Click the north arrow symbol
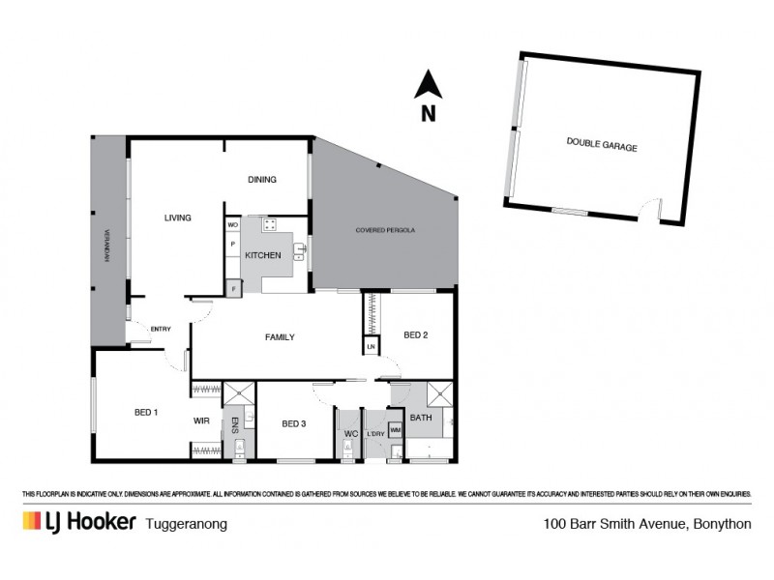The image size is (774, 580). (x=428, y=86)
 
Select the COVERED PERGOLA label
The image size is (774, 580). (x=385, y=231)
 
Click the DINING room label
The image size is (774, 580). (x=262, y=179)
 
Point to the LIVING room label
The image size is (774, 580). (x=177, y=217)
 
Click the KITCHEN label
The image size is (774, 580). (x=262, y=255)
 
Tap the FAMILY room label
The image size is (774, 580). (x=280, y=337)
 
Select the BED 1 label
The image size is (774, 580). (x=146, y=413)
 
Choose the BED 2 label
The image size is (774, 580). (x=415, y=335)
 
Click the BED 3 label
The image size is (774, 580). (x=294, y=423)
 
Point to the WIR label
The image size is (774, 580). (x=201, y=420)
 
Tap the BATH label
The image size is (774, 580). (x=420, y=418)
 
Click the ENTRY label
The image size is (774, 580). (x=160, y=330)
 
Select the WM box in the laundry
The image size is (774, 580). (x=395, y=428)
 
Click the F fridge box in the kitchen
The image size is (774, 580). (x=232, y=287)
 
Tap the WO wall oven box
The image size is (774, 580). (x=232, y=224)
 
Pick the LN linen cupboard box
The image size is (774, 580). (x=371, y=346)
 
